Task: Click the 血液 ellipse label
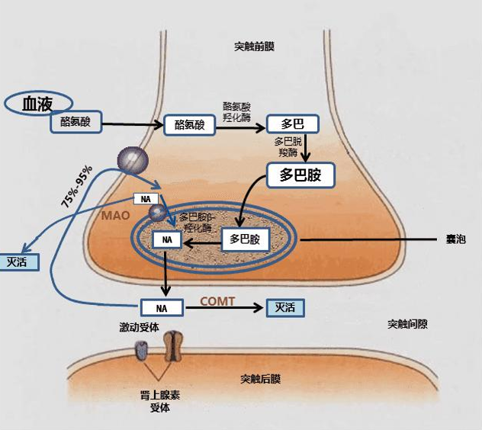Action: (x=38, y=103)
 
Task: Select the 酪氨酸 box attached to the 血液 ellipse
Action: (x=76, y=122)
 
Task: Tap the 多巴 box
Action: (x=292, y=124)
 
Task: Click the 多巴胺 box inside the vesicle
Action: (x=245, y=239)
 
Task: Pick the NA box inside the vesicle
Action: (x=167, y=239)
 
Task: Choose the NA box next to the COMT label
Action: (x=162, y=308)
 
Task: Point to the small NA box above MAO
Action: (x=146, y=199)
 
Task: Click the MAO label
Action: (x=116, y=216)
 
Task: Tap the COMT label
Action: (x=217, y=301)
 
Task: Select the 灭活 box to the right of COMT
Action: (x=285, y=308)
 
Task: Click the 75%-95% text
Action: (x=76, y=187)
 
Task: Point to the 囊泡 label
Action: (x=456, y=239)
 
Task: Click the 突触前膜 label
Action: (x=254, y=47)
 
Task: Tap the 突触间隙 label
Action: (x=407, y=324)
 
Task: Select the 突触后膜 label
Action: (x=260, y=379)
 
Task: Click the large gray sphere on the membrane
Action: (x=133, y=161)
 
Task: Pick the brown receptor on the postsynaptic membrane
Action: (x=173, y=345)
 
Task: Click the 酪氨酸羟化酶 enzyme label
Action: (x=236, y=112)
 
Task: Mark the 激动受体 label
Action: (x=140, y=327)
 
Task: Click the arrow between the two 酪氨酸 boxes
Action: (x=133, y=124)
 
